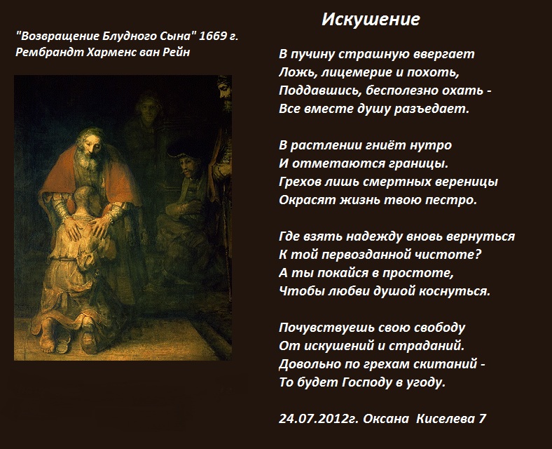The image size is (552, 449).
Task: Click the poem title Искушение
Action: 371,19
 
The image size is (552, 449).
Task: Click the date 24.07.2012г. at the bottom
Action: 318,419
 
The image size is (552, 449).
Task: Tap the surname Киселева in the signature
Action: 445,419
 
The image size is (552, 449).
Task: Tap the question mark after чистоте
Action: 478,255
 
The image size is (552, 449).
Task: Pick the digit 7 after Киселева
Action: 482,419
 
